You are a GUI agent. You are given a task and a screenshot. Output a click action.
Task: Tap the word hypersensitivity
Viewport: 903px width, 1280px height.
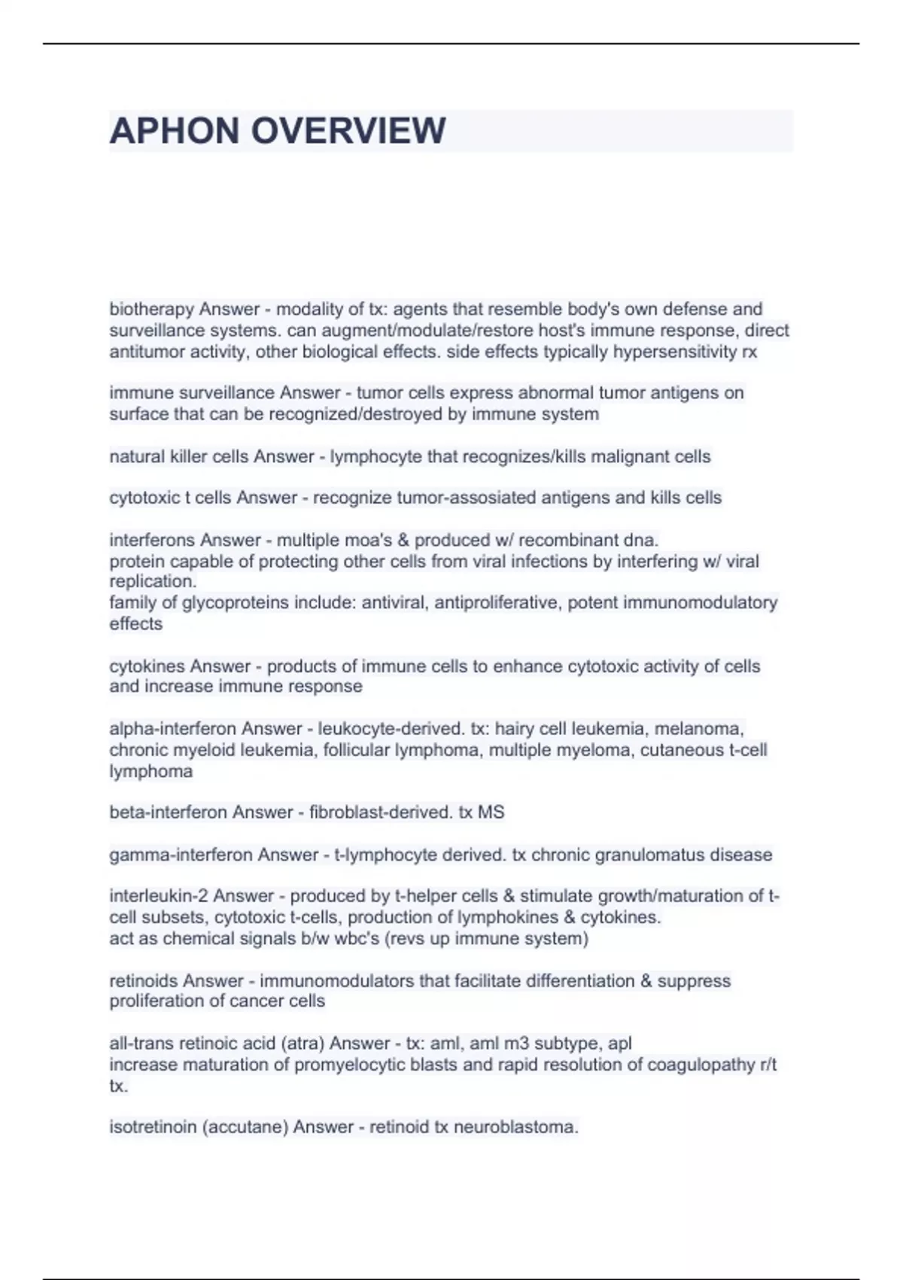click(674, 352)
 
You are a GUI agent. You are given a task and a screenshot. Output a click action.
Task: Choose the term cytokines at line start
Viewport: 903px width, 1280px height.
click(147, 666)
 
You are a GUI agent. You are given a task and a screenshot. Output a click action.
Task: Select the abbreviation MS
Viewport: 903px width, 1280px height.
click(491, 812)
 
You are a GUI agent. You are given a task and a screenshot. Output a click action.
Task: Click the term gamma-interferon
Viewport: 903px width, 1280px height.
click(181, 855)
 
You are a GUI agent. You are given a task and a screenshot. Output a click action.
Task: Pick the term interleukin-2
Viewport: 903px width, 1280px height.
click(159, 896)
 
